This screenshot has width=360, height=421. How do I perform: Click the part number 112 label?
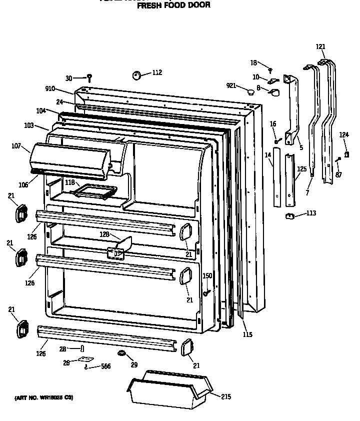157,72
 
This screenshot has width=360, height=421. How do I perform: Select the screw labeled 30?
89,77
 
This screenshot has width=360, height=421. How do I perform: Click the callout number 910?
50,89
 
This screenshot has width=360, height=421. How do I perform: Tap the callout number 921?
231,86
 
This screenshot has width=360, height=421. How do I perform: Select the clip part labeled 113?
289,215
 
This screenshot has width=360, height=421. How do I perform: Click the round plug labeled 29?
121,354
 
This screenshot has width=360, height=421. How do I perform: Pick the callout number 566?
105,366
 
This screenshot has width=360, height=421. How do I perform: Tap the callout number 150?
207,275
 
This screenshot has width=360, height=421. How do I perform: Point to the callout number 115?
247,334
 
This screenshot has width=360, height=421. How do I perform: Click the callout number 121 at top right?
320,46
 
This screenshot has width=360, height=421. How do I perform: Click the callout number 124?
344,134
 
